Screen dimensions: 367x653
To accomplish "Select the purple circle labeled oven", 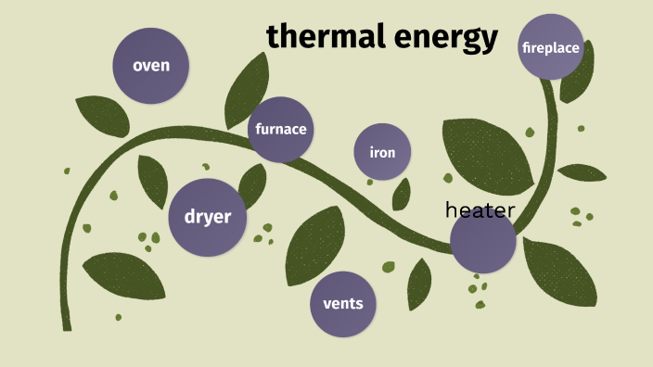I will point(150,65).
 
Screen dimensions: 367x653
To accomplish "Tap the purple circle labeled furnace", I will point(281,129).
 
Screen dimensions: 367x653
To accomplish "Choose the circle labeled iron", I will point(382,151).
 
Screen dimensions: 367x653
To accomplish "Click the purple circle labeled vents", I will point(342,303).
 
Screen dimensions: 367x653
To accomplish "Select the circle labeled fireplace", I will point(551,46).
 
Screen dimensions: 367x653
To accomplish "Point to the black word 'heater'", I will point(480,209).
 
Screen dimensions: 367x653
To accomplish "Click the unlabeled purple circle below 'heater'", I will point(482,243).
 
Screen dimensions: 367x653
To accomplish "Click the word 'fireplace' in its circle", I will point(551,46).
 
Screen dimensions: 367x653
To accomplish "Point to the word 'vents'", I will point(342,303).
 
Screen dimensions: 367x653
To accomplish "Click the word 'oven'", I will point(150,65).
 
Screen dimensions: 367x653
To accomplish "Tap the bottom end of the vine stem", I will point(66,325).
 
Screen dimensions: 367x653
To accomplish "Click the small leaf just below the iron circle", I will point(402,194).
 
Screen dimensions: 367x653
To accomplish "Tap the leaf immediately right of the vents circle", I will point(419,282).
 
